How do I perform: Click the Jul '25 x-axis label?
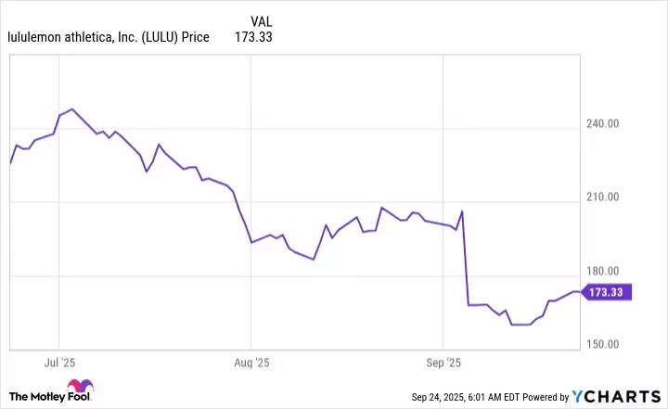click(59, 362)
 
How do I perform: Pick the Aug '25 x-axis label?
click(251, 362)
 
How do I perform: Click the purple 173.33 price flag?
click(610, 292)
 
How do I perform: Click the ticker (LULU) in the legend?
click(159, 38)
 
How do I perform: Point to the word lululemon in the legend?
click(37, 38)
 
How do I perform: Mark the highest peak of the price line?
click(71, 109)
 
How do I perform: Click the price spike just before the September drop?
click(462, 212)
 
